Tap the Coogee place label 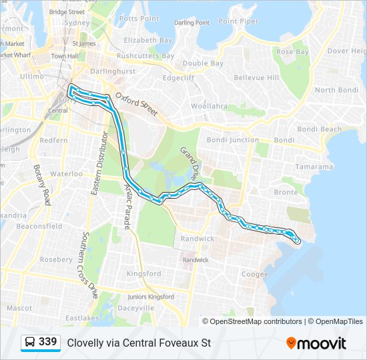[x=254, y=273]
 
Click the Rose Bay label [x=292, y=51]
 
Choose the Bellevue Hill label [x=257, y=78]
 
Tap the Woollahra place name [x=209, y=106]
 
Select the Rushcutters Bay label [x=145, y=56]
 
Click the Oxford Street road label [x=135, y=105]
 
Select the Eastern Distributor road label [x=98, y=163]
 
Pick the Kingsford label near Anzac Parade [x=144, y=273]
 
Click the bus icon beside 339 [x=30, y=343]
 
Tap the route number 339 [x=48, y=342]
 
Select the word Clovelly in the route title [x=84, y=343]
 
